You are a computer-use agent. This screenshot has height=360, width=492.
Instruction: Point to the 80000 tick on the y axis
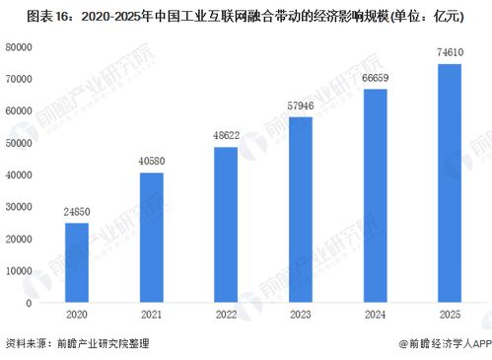pyautogui.click(x=20, y=46)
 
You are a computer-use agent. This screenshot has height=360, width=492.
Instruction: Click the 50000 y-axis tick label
pyautogui.click(x=20, y=142)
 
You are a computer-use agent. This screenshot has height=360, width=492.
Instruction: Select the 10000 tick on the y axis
pyautogui.click(x=20, y=270)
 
